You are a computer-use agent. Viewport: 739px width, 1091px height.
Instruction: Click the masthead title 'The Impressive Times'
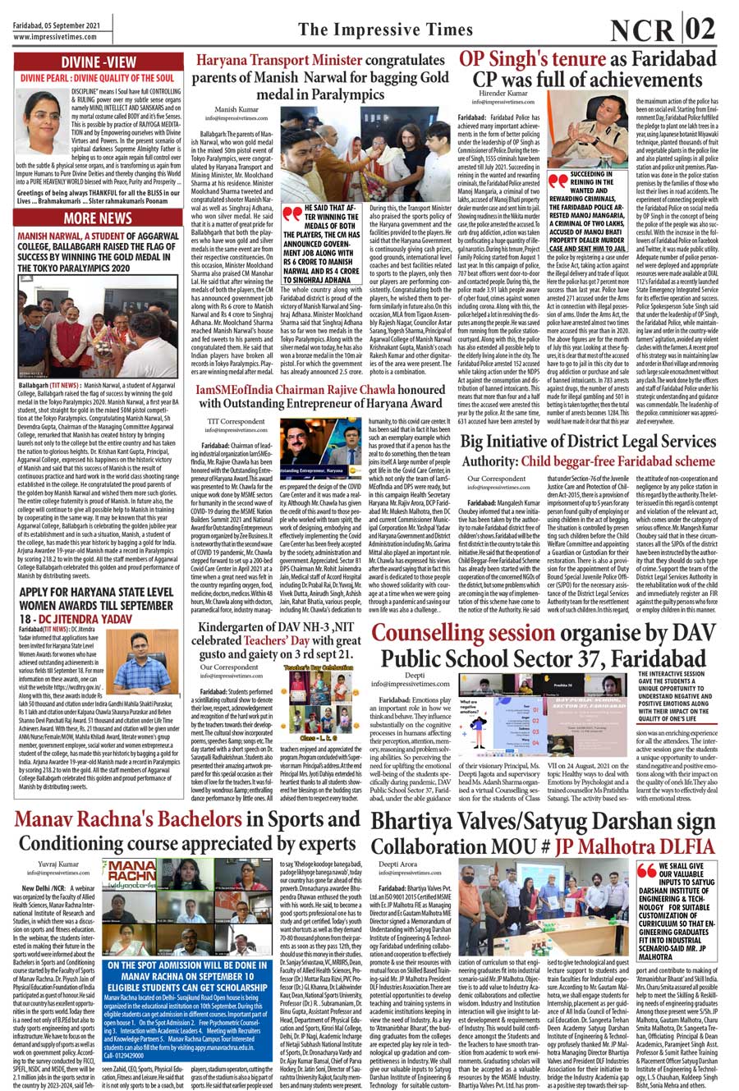[x=385, y=30]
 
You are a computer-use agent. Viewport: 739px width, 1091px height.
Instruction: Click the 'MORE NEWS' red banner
[x=98, y=218]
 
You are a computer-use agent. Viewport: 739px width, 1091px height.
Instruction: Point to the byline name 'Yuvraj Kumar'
[x=59, y=864]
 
